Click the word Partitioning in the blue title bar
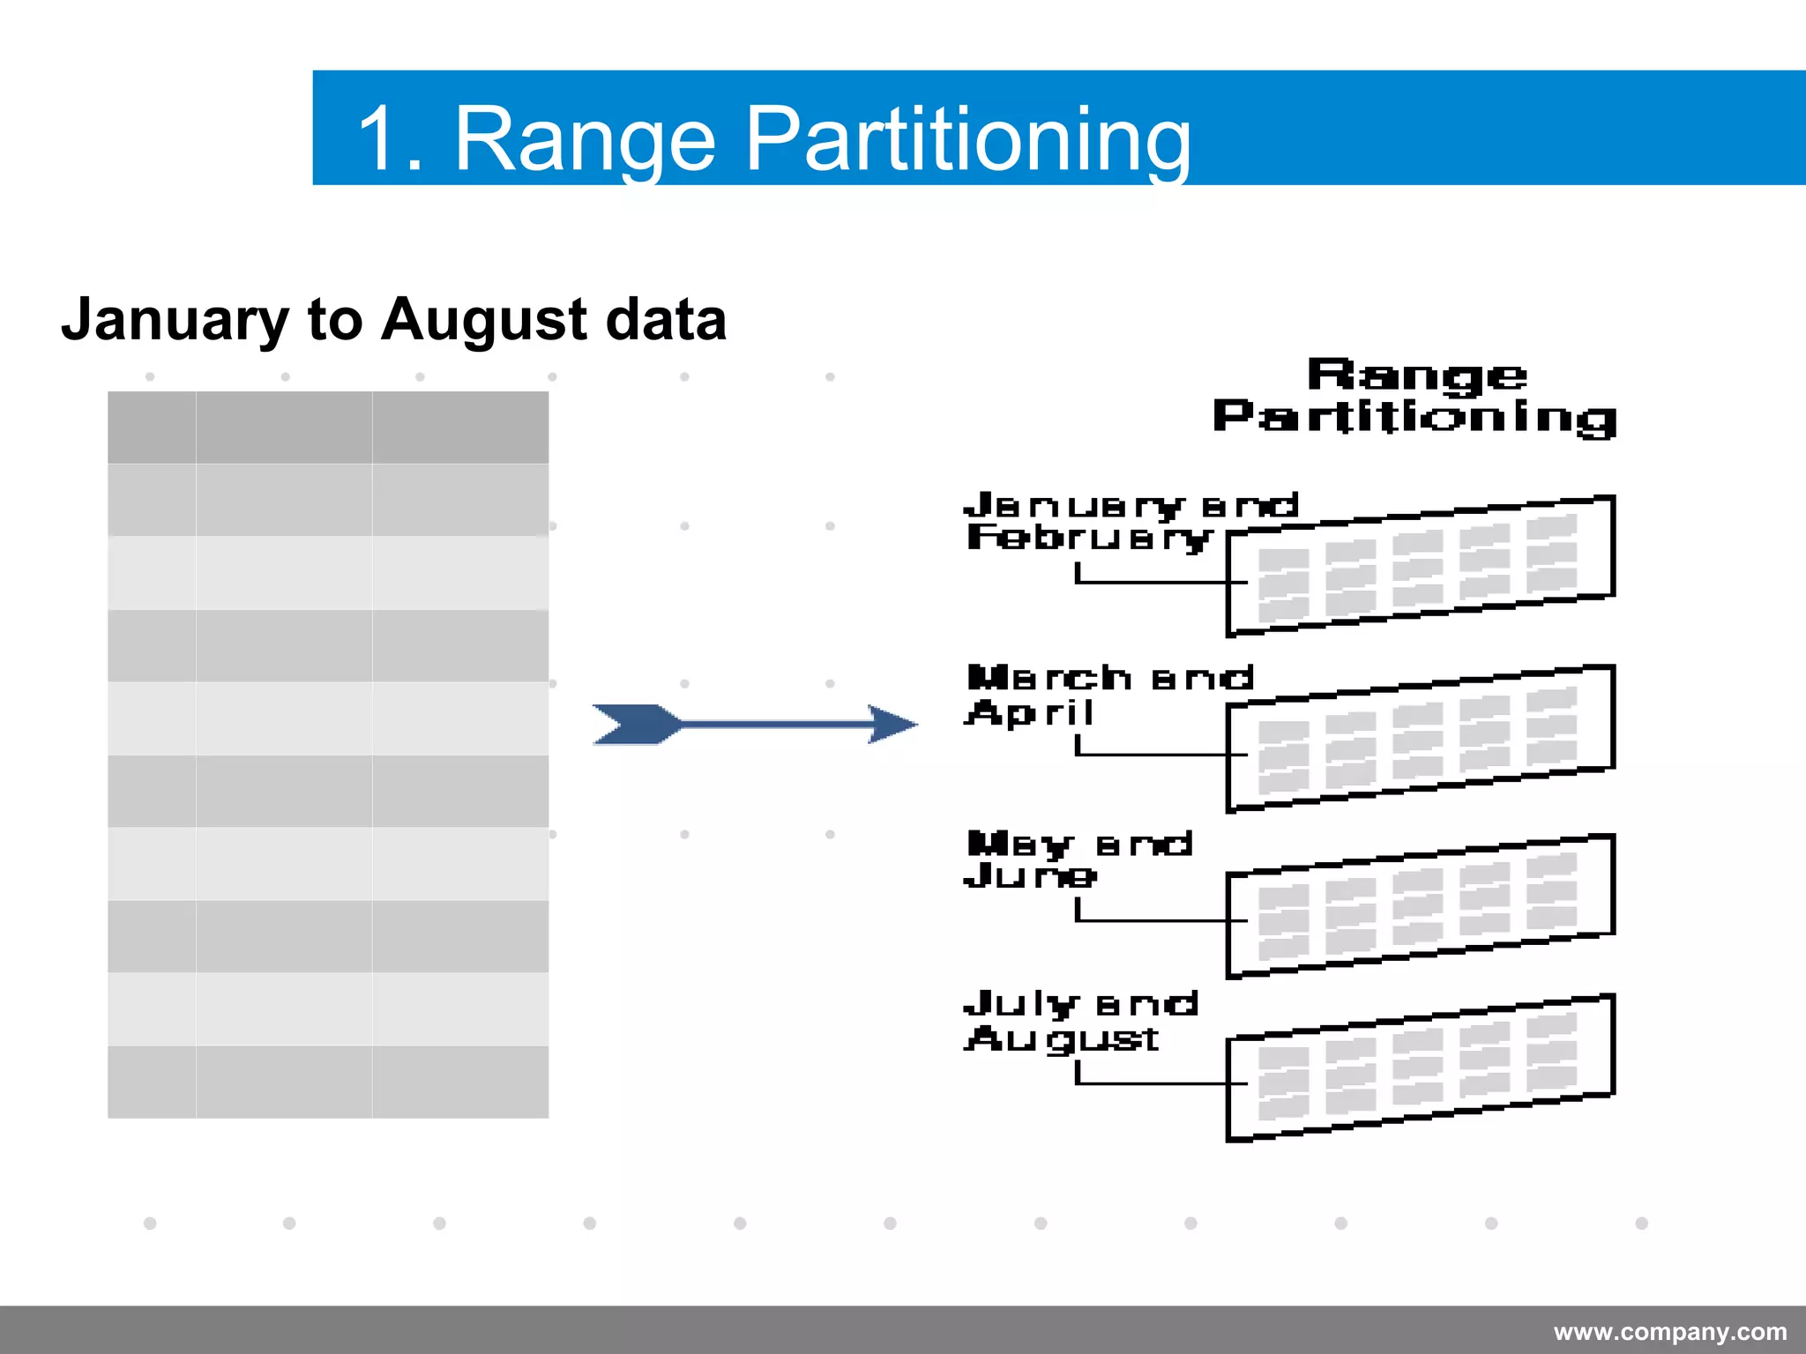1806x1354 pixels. pyautogui.click(x=968, y=139)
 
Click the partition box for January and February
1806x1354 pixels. pyautogui.click(x=1420, y=566)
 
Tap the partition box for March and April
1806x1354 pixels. pyautogui.click(x=1420, y=739)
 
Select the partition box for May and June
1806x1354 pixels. pyautogui.click(x=1420, y=906)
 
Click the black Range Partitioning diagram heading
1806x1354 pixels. pyautogui.click(x=1415, y=396)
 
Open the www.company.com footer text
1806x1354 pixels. pyautogui.click(x=1669, y=1332)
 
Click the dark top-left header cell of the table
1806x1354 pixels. pyautogui.click(x=152, y=428)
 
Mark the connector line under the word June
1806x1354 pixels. pyautogui.click(x=1146, y=920)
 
